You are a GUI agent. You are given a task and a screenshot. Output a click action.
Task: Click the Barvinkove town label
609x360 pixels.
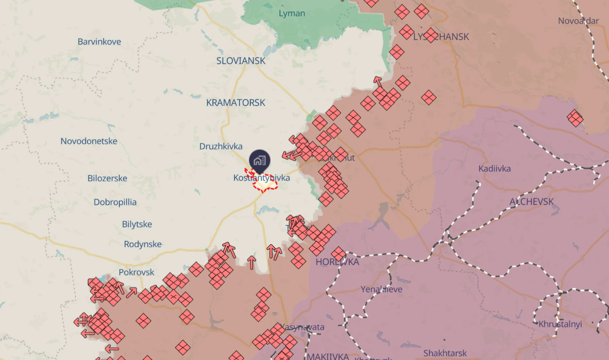point(99,42)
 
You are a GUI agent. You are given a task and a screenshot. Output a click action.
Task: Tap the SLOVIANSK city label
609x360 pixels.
point(241,61)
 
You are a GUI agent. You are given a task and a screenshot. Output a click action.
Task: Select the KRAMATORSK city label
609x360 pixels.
point(236,103)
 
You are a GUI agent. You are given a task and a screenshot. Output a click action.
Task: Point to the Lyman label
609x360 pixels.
point(292,13)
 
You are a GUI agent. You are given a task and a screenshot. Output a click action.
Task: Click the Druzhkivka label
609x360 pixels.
point(221,146)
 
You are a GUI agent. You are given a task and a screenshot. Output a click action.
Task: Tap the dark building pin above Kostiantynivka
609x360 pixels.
point(259,160)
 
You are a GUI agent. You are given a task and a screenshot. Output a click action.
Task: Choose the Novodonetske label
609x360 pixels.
point(89,141)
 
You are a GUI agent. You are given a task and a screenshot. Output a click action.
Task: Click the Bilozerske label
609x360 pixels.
point(107,178)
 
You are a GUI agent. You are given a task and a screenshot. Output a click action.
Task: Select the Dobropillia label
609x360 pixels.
point(115,202)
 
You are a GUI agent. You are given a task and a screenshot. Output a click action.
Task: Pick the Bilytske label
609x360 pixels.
point(137,224)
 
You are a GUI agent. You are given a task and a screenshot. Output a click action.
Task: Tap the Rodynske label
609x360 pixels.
point(143,244)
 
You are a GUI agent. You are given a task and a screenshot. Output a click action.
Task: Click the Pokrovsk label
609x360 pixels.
point(136,272)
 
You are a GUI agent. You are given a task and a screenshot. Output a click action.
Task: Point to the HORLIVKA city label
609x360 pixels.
point(337,262)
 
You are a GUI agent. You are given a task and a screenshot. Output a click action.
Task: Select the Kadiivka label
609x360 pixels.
point(495,168)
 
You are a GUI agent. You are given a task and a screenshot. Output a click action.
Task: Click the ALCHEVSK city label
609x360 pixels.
point(532,202)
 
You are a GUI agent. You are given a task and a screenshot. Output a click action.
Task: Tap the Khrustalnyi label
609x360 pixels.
point(560,324)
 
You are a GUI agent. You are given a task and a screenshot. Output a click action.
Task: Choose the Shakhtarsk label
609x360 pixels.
point(445,353)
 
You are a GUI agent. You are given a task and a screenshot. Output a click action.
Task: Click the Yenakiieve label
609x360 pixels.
point(381,289)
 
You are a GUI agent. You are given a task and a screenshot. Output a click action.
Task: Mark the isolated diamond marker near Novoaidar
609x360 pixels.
point(575,118)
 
